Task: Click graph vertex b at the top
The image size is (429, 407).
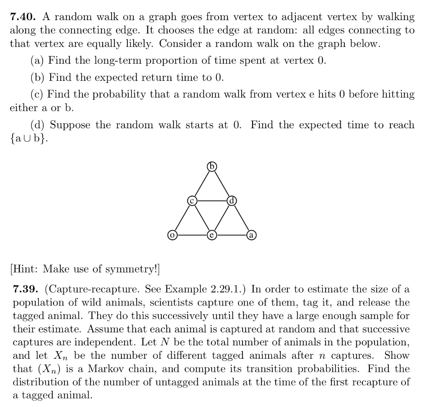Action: click(x=212, y=167)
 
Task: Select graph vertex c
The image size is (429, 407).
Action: click(x=192, y=201)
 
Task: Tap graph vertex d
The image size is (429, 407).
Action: click(x=231, y=201)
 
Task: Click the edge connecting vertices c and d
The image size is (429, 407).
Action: click(x=212, y=201)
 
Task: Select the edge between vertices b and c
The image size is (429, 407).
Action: click(x=202, y=184)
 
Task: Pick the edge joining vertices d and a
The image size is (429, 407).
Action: click(x=241, y=218)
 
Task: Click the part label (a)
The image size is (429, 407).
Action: click(x=38, y=60)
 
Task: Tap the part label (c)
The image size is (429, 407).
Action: click(x=38, y=94)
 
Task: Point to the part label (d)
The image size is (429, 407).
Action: click(x=38, y=125)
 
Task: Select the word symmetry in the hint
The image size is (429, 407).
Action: click(x=136, y=268)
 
